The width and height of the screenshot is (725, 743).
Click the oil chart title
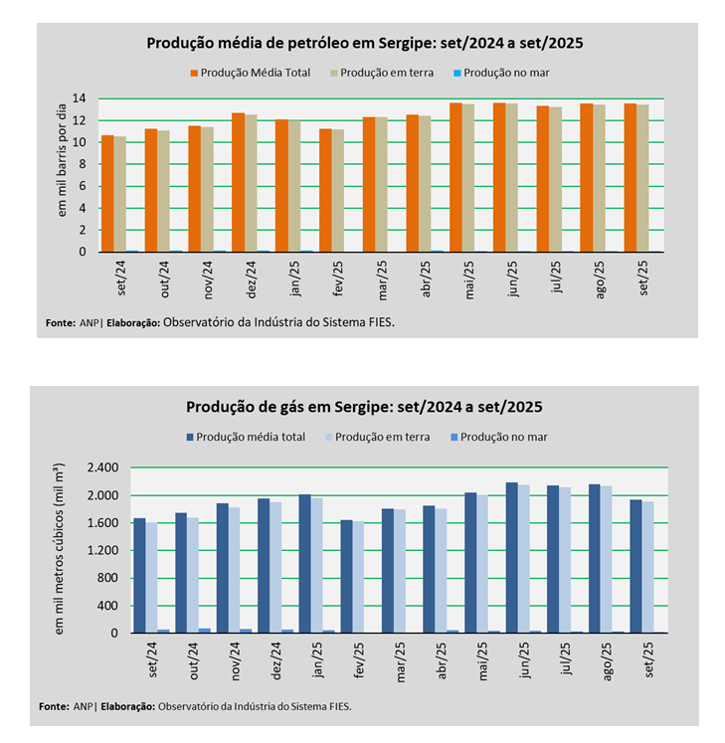(364, 44)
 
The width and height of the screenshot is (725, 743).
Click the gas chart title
(364, 408)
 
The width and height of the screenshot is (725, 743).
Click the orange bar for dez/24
(238, 183)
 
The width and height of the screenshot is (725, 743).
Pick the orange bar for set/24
(107, 194)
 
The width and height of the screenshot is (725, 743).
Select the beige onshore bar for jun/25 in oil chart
(511, 178)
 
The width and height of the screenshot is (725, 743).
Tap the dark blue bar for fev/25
(346, 576)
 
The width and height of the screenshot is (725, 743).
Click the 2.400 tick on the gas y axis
(102, 468)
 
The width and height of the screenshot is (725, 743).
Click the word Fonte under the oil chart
(60, 322)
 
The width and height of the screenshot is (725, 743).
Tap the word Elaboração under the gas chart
(125, 706)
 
